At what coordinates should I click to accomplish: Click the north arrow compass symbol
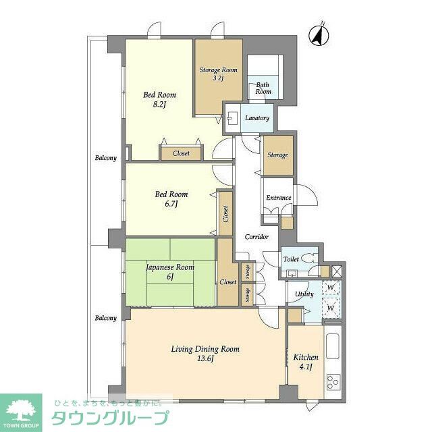tap(319, 35)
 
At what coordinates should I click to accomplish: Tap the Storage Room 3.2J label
tap(218, 74)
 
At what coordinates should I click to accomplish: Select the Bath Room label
tap(263, 88)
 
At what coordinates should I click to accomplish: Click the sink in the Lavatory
tap(231, 118)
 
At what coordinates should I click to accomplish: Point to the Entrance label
tap(279, 198)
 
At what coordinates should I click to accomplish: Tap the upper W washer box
tap(331, 288)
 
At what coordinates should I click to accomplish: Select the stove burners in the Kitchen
tap(333, 382)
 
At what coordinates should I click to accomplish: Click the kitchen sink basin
tap(333, 346)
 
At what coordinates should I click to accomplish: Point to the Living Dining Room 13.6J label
tap(205, 354)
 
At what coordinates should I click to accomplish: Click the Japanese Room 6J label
tap(170, 271)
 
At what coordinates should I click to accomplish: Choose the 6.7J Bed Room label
tap(171, 199)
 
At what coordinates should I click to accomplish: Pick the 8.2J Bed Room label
tap(159, 99)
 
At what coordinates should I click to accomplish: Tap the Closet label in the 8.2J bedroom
tap(181, 153)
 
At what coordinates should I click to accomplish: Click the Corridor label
tap(256, 237)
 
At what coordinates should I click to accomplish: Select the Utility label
tap(304, 294)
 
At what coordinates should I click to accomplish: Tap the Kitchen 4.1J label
tap(306, 362)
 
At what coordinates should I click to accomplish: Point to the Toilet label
tap(291, 259)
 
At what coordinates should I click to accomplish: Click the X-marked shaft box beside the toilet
tap(337, 271)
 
